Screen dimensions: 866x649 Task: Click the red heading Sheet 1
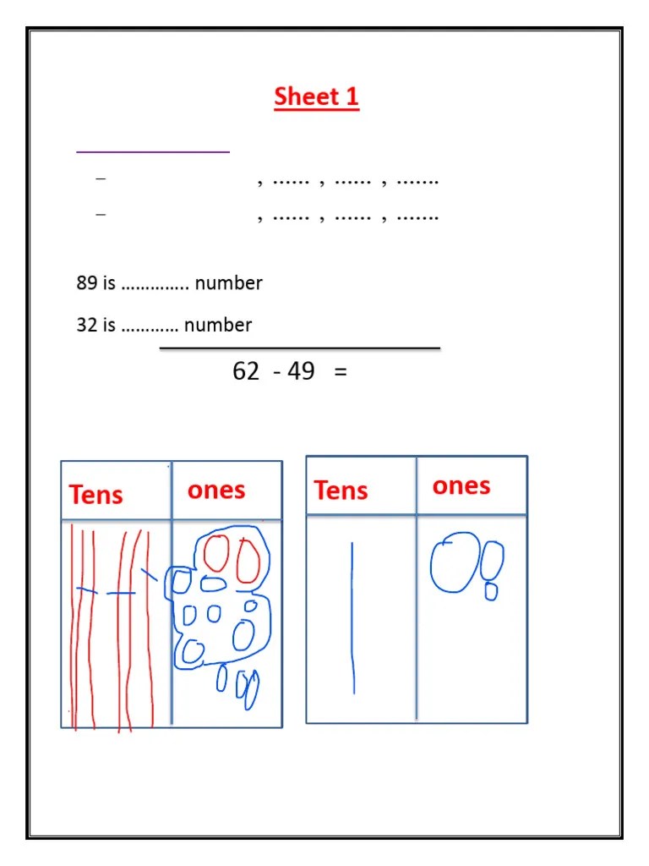click(316, 97)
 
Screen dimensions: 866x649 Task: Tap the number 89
click(86, 283)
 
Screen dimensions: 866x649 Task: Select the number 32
click(86, 325)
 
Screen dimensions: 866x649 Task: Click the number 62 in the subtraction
click(246, 371)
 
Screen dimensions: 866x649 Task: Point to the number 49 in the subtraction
click(301, 371)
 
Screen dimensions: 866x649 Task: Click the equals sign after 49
click(341, 372)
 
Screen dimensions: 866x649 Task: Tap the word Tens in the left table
click(96, 495)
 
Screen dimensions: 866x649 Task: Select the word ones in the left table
click(216, 491)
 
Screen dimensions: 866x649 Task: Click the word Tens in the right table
click(341, 491)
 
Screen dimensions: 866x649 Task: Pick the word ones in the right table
click(461, 485)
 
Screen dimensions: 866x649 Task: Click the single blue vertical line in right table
click(352, 617)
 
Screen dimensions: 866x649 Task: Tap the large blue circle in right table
click(455, 562)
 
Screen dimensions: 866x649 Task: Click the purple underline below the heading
click(153, 152)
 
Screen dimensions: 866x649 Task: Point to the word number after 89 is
click(228, 283)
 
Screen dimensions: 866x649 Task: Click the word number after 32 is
click(218, 325)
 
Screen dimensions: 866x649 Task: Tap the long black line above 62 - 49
click(300, 348)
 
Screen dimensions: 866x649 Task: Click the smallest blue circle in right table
click(491, 592)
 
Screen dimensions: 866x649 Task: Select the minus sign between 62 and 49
click(277, 372)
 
